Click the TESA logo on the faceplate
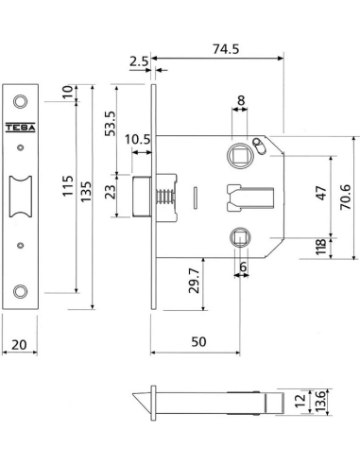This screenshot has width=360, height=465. pyautogui.click(x=21, y=128)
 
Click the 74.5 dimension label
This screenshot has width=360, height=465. pyautogui.click(x=226, y=49)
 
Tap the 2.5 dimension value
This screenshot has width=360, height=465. pyautogui.click(x=139, y=61)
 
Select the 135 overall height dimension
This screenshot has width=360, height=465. pyautogui.click(x=86, y=192)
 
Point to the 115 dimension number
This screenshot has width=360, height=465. pyautogui.click(x=68, y=186)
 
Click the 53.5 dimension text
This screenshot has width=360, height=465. pyautogui.click(x=111, y=124)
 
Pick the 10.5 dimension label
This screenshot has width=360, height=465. pyautogui.click(x=138, y=139)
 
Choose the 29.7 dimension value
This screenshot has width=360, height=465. pyautogui.click(x=194, y=281)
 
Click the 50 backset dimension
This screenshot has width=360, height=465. pyautogui.click(x=198, y=342)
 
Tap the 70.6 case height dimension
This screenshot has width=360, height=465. pyautogui.click(x=346, y=198)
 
